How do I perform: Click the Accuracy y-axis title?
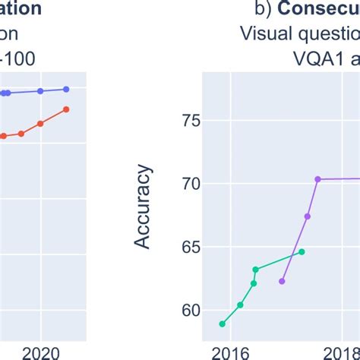[x=143, y=207]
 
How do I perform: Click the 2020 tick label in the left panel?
[x=41, y=352]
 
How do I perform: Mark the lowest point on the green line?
[x=223, y=324]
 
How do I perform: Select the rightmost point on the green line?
[x=302, y=251]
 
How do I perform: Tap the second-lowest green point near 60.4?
[x=240, y=305]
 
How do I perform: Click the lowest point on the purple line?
[x=282, y=281]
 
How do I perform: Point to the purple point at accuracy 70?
[x=317, y=179]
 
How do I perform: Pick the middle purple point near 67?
[x=308, y=216]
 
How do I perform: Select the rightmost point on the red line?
[x=66, y=109]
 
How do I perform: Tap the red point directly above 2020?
[x=41, y=123]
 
